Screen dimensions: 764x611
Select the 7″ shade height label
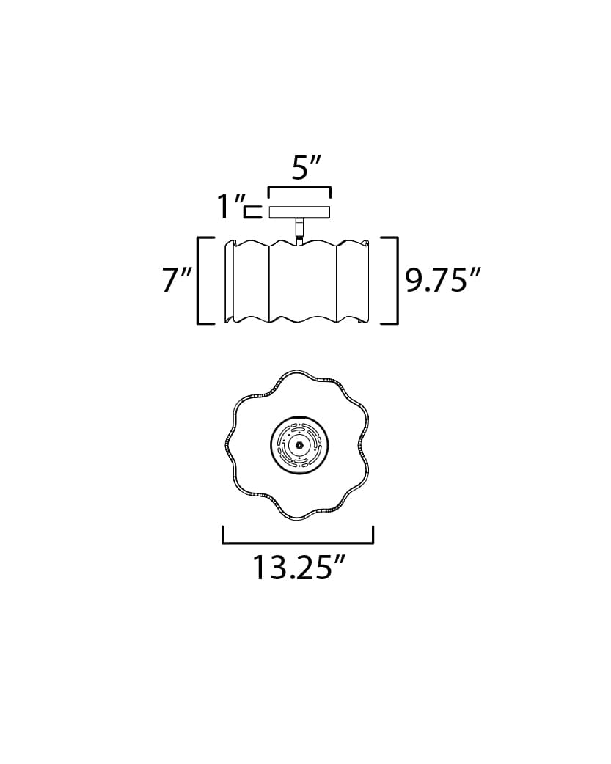(177, 280)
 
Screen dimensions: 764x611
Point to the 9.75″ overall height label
(443, 280)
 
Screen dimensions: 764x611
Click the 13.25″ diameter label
(299, 568)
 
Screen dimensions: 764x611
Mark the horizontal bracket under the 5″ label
(299, 189)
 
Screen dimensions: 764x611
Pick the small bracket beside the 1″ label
(252, 213)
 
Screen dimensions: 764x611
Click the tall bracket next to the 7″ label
(200, 280)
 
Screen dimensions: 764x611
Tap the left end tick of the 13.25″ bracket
(223, 535)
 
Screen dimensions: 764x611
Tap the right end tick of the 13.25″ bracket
(373, 535)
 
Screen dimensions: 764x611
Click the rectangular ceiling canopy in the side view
(299, 213)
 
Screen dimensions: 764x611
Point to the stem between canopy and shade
(299, 229)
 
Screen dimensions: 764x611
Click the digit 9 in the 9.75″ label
(414, 280)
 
